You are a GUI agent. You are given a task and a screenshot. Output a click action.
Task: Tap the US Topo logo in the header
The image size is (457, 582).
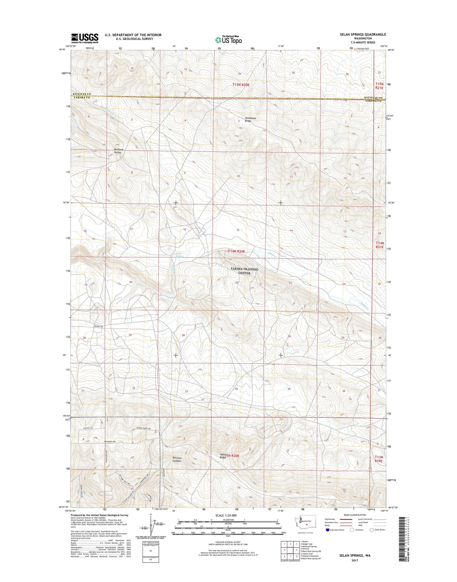coord(228,40)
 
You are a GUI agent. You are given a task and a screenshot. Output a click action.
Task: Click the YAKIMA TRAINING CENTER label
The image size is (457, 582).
coord(244,271)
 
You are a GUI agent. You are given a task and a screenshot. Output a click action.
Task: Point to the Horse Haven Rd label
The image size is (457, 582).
coord(144,428)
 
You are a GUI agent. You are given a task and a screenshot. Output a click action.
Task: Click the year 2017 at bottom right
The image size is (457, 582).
coord(355,560)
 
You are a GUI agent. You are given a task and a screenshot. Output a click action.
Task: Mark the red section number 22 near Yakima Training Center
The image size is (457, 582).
coord(237,282)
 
